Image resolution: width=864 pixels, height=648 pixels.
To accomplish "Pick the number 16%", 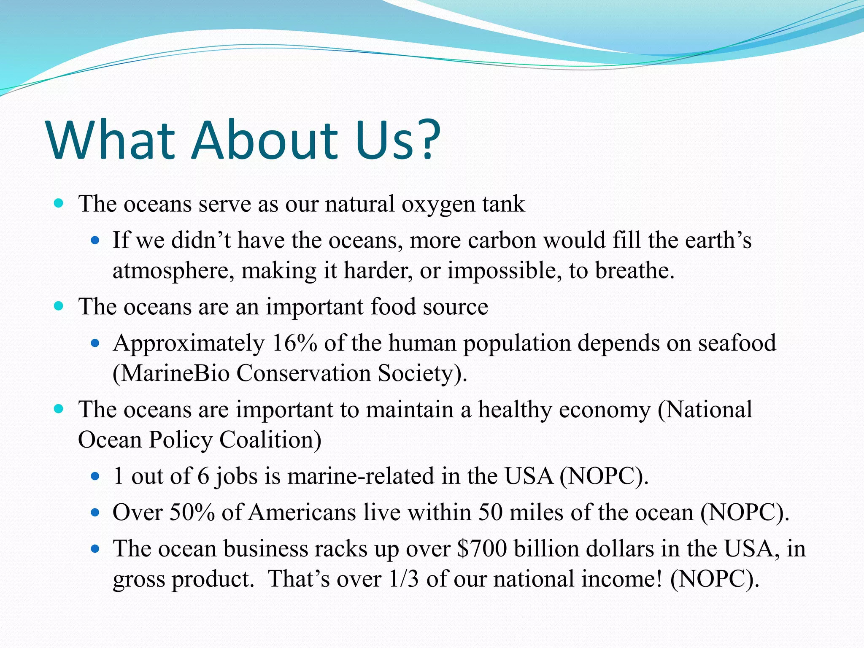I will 294,343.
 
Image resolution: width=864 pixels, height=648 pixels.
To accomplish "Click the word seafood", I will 737,343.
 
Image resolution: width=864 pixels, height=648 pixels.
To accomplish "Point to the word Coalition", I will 270,440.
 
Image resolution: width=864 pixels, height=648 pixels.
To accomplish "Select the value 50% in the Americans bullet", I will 192,513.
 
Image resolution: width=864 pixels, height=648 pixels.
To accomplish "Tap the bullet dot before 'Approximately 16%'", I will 95,343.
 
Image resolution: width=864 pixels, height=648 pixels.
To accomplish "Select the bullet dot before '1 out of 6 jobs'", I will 95,477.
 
